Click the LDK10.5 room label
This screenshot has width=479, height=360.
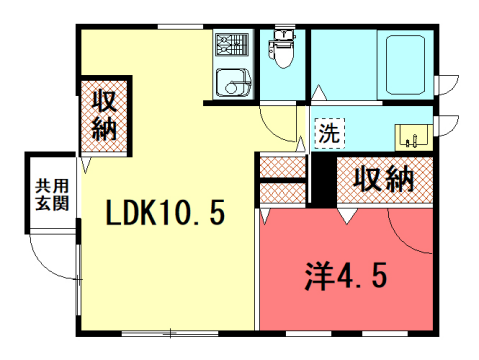[165, 212]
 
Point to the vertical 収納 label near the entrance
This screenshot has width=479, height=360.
[104, 115]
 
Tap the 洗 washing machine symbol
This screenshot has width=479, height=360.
[328, 131]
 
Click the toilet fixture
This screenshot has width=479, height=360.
[282, 55]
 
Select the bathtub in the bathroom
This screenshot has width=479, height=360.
[405, 65]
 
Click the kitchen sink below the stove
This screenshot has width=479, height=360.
[233, 80]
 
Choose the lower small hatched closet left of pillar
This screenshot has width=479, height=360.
[283, 193]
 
